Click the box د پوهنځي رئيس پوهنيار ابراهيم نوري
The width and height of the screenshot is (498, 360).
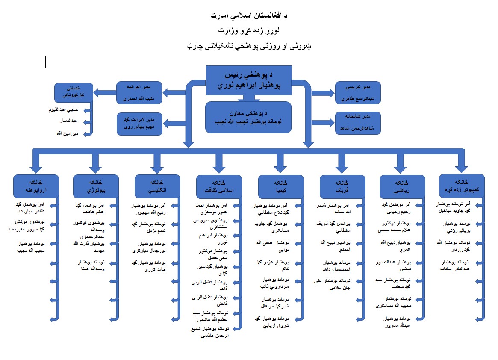click(249, 80)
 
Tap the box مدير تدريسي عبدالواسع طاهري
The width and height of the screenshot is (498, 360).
click(357, 92)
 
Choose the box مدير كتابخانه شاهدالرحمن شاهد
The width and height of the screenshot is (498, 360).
click(357, 122)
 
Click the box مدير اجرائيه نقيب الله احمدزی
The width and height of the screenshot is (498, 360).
click(139, 92)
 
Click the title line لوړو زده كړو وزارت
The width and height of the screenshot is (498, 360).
click(248, 31)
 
